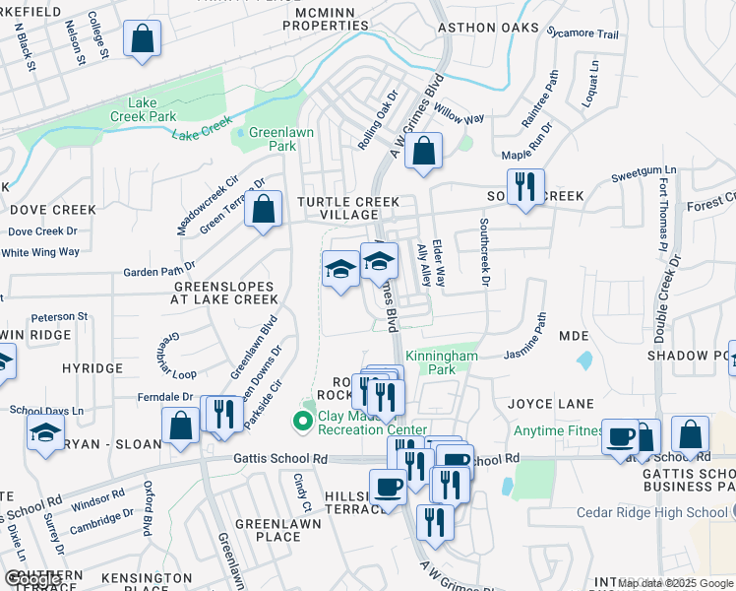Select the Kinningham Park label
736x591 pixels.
pos(442,361)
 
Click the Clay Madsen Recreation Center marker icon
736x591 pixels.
pos(302,422)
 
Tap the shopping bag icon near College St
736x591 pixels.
pos(143,39)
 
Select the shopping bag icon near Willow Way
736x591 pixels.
pos(424,152)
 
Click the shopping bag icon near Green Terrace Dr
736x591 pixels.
pos(263,209)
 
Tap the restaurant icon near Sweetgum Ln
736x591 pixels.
pos(524,185)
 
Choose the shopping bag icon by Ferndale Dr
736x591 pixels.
pos(182,427)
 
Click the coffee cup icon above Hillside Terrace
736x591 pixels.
pos(388,487)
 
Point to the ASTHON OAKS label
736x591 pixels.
pos(488,28)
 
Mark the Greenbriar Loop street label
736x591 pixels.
pos(176,355)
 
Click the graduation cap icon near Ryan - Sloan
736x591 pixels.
pos(44,433)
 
